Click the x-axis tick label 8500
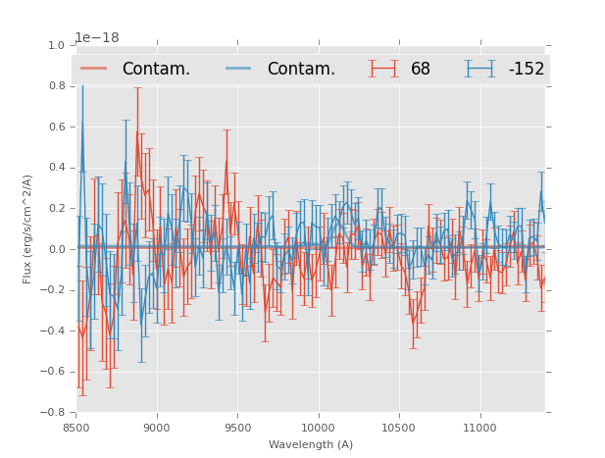(76, 428)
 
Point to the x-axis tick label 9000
(157, 428)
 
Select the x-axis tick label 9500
(237, 428)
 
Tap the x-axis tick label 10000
(318, 428)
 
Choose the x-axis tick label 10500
(399, 428)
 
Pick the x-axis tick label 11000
(479, 428)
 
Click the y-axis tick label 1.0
(57, 46)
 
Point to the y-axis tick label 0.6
(57, 127)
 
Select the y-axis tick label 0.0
(57, 249)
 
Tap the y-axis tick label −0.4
(54, 331)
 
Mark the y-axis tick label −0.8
(54, 412)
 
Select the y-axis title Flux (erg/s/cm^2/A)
(28, 229)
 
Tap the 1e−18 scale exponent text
(97, 37)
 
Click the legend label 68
(421, 70)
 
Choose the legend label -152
(526, 70)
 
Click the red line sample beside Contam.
(94, 69)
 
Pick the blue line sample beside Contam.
(239, 69)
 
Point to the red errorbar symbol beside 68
(383, 69)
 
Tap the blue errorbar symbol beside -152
(479, 69)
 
